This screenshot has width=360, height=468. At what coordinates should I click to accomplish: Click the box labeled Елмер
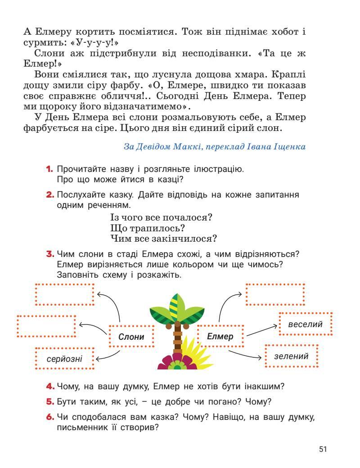pos(220,337)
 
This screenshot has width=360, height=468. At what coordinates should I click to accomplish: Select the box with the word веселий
pos(306,324)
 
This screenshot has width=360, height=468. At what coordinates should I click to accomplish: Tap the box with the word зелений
pos(292,356)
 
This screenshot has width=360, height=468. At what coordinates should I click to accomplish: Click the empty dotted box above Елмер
pos(275,295)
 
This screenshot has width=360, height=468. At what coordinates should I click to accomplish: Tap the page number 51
pos(322,449)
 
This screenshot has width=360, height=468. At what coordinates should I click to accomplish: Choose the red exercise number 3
pos(49,254)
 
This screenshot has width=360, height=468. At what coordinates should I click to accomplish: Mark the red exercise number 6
pos(49,417)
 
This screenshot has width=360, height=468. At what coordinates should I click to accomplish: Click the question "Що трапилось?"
pos(148,228)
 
